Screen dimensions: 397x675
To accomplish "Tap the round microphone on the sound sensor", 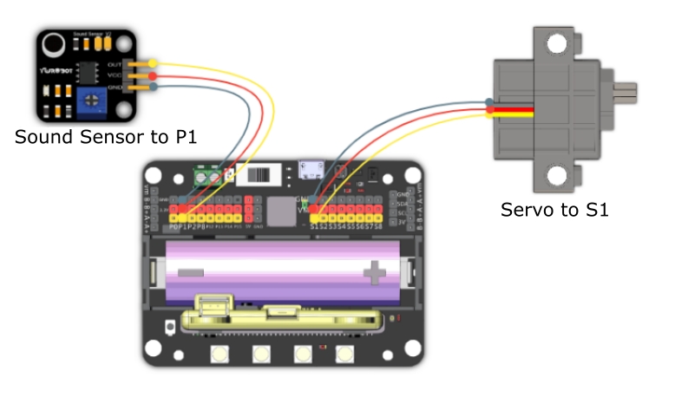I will click(55, 42).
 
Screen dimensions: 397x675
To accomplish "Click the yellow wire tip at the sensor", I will click(154, 63).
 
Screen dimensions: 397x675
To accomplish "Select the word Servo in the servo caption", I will click(523, 210).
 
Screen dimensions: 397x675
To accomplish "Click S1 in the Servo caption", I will click(593, 210).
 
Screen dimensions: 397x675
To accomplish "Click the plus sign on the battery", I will click(375, 274).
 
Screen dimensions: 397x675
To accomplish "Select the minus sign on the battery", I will click(190, 272).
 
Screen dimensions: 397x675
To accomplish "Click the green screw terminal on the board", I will click(205, 178).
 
